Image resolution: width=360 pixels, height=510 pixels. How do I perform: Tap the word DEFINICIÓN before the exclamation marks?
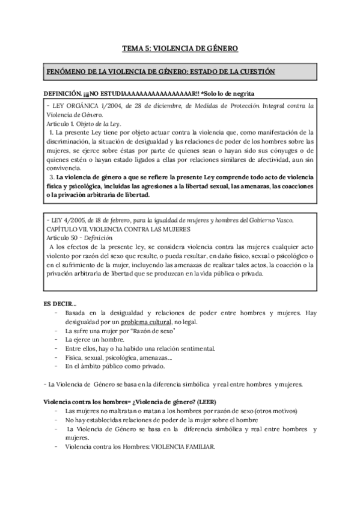pos(62,93)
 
